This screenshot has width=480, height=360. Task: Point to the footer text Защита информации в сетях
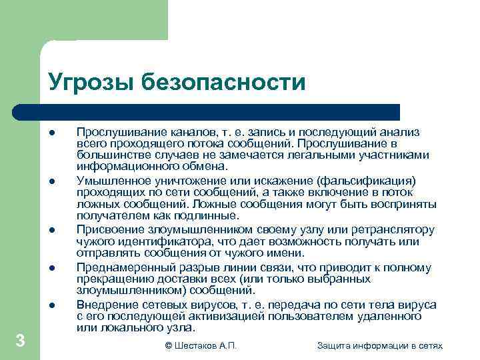(x=380, y=345)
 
